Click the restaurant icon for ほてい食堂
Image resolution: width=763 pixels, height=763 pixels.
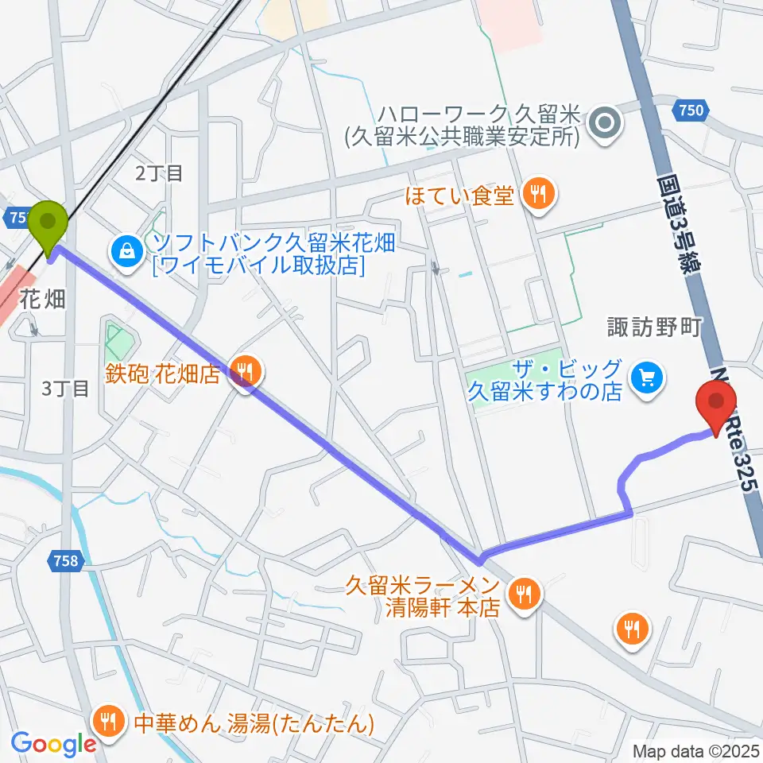[538, 194]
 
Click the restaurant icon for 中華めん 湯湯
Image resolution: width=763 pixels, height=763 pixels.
[108, 722]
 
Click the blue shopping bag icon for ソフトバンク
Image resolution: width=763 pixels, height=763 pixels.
[126, 252]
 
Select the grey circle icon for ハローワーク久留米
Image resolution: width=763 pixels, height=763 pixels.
[606, 123]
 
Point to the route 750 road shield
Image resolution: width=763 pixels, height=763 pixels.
[691, 110]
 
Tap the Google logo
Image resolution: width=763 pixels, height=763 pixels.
[53, 745]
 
